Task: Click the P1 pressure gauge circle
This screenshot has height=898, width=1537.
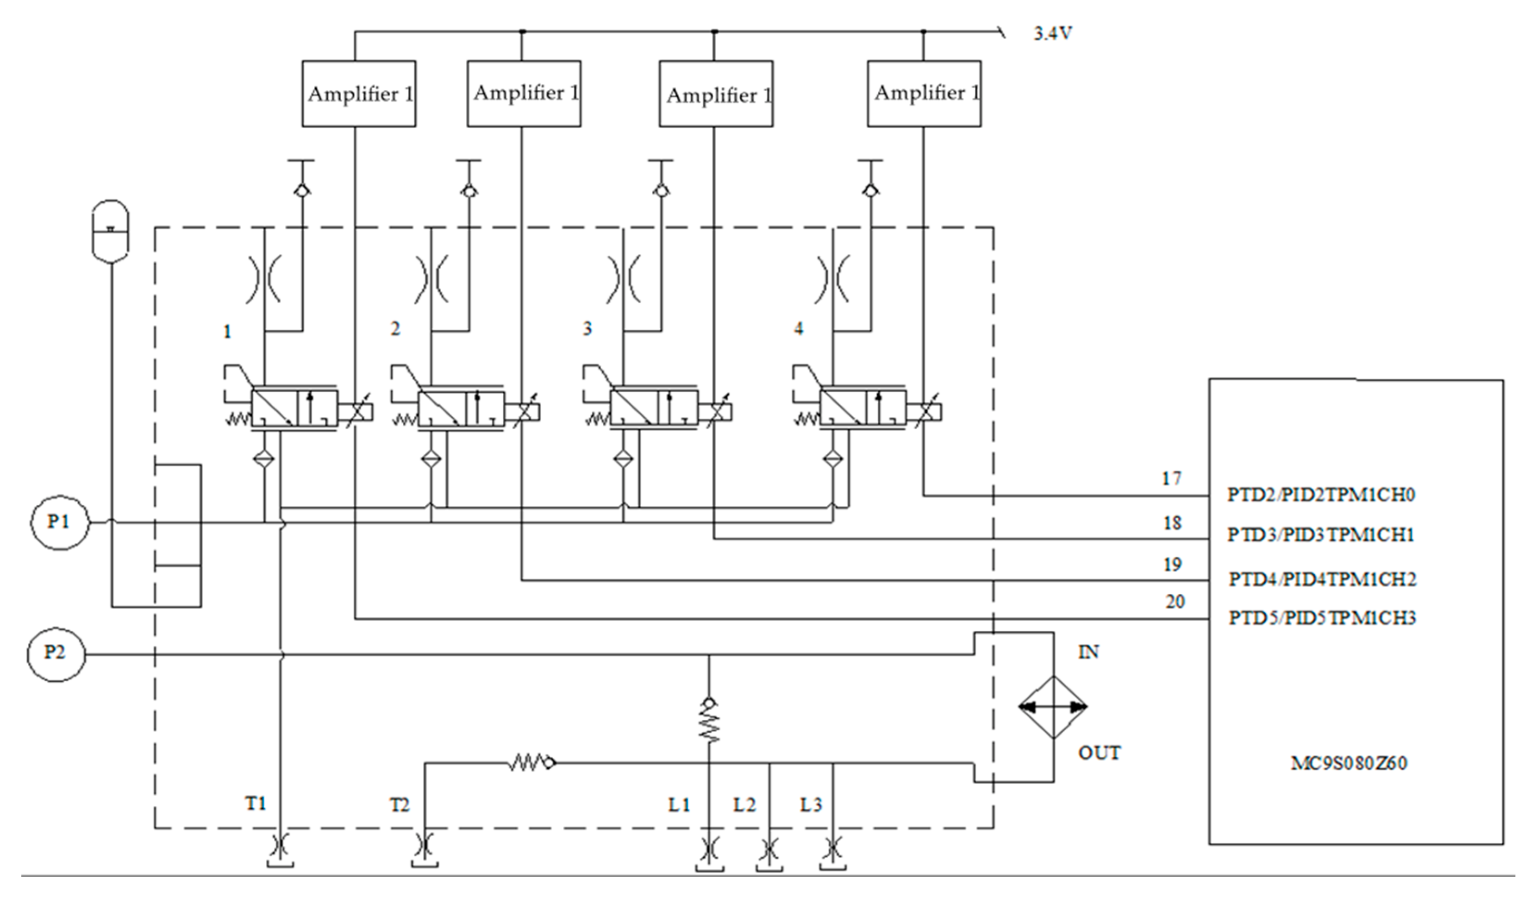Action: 59,522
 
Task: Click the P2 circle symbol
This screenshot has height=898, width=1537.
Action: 56,654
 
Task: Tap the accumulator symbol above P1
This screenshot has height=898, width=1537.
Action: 110,231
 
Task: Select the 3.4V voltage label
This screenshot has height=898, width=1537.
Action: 1052,33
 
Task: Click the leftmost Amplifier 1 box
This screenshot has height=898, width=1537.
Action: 359,94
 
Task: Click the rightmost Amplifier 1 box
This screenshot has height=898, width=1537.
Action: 924,94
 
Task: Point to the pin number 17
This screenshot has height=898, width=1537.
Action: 1171,479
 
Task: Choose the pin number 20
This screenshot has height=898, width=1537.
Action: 1175,602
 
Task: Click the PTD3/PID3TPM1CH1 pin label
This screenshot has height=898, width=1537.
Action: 1320,535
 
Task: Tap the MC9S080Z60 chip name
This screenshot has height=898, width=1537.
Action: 1349,763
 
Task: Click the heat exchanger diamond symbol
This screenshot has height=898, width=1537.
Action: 1053,707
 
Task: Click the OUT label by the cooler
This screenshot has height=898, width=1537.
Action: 1099,754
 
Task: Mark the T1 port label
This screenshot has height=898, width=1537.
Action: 256,804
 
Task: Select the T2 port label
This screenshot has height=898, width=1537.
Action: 400,806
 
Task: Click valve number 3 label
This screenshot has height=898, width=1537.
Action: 587,329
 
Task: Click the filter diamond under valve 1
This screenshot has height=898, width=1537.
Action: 264,459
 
